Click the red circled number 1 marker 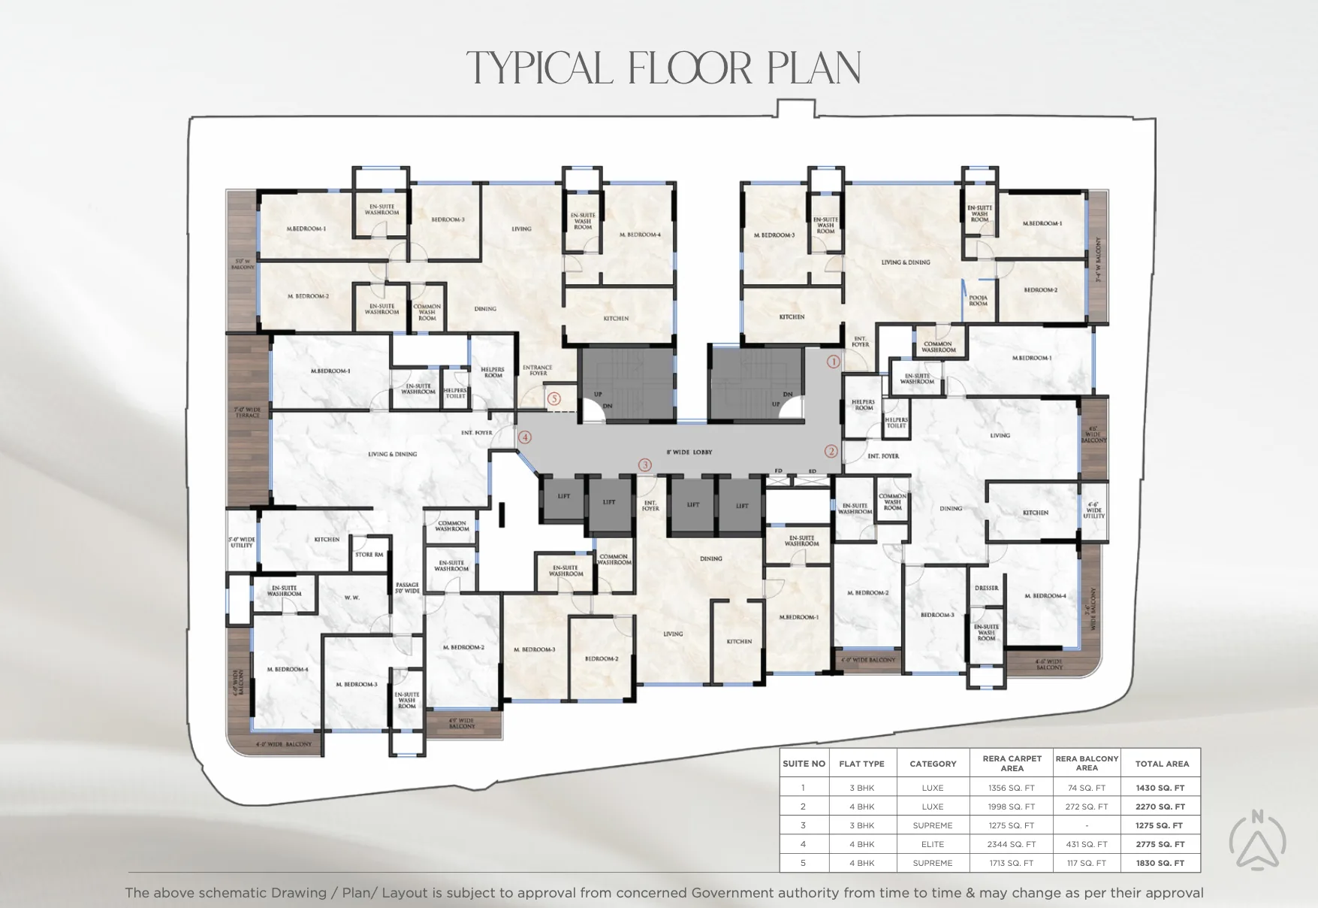(x=833, y=362)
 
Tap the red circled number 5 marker (x=554, y=399)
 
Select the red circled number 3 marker (x=644, y=465)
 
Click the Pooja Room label (x=978, y=301)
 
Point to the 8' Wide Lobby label (x=689, y=452)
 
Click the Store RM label (x=369, y=555)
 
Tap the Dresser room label (x=986, y=588)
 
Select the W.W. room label (x=351, y=598)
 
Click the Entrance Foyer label (x=537, y=371)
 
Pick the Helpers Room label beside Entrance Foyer (x=493, y=372)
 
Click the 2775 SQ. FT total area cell (x=1160, y=844)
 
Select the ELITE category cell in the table (x=932, y=844)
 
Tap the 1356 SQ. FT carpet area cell (x=1011, y=788)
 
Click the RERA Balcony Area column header (x=1086, y=763)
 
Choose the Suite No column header (x=804, y=764)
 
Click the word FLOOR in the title (x=689, y=68)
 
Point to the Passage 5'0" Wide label (x=407, y=588)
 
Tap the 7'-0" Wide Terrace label (x=247, y=413)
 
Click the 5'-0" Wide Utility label (x=241, y=542)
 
